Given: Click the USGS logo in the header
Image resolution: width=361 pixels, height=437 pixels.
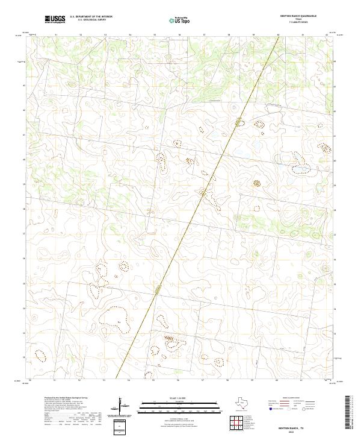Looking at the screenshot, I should (55, 20).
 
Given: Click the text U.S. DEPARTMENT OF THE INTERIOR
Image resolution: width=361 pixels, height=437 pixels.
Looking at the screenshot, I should (91, 17).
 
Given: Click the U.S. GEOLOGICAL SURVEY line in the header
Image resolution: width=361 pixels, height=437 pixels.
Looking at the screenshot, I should (87, 20).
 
